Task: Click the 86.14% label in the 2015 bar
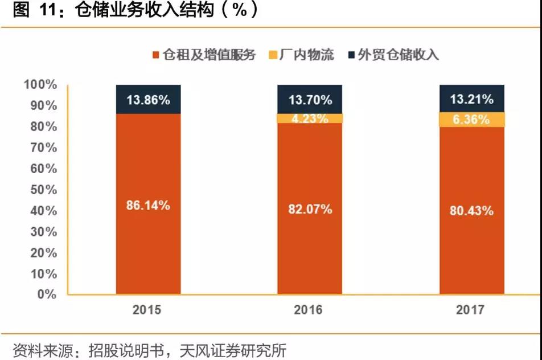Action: [148, 206]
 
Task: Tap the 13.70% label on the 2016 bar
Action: [310, 100]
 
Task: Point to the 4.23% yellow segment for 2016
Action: [310, 118]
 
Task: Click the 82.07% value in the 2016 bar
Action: [310, 209]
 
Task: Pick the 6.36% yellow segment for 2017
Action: [471, 120]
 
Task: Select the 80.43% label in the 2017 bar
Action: [471, 210]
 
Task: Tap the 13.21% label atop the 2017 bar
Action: [471, 99]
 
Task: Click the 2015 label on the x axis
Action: [147, 310]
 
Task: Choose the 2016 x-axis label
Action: [308, 310]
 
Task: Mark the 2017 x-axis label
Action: [470, 310]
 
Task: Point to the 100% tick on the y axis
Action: [40, 85]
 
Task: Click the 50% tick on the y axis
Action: [43, 190]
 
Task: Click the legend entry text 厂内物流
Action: [307, 55]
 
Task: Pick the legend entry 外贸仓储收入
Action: [398, 55]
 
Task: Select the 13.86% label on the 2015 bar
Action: [148, 100]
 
